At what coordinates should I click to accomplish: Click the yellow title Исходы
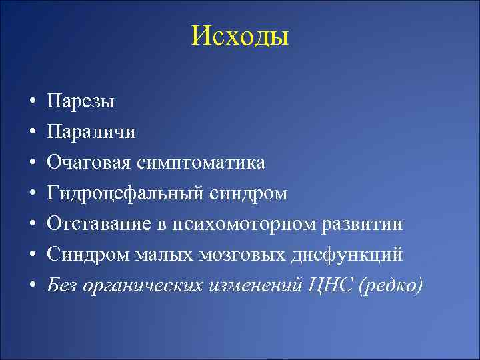[240, 36]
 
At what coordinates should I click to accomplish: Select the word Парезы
[81, 102]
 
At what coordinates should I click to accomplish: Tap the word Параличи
[91, 132]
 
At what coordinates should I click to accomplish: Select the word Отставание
[95, 224]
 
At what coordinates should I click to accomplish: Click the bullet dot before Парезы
[32, 102]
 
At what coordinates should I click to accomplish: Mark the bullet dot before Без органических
[32, 285]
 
